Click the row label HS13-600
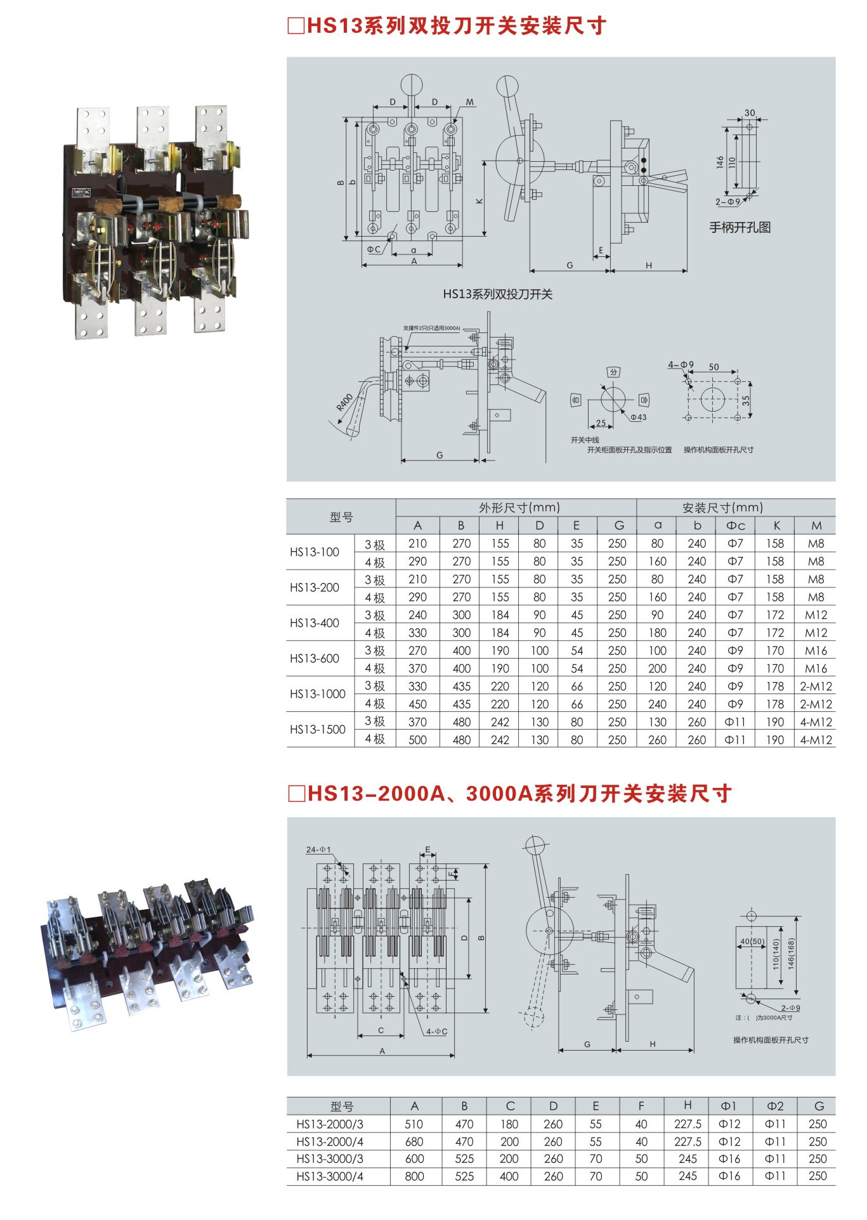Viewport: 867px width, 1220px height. point(315,659)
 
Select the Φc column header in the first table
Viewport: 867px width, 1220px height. point(735,525)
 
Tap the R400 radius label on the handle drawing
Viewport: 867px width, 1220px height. point(344,402)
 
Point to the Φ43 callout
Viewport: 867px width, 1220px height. point(638,417)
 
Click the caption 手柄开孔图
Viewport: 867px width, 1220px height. point(740,227)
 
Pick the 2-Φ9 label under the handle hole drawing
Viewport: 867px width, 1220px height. point(727,202)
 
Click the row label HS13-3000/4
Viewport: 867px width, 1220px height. point(330,1176)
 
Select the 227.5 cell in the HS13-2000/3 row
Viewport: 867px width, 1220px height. point(688,1124)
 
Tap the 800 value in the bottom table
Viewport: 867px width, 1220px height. point(414,1176)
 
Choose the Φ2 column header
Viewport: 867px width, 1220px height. point(775,1106)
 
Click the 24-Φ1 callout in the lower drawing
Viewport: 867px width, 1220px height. point(318,849)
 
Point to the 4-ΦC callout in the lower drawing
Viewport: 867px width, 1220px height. point(436,1032)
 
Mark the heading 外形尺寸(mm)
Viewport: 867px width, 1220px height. point(519,508)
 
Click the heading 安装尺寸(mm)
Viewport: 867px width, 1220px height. point(722,508)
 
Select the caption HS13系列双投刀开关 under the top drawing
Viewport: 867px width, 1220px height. point(498,294)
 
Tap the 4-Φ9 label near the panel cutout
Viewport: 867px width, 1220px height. point(681,365)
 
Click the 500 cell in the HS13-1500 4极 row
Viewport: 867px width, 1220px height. point(417,740)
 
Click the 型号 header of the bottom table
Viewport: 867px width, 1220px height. point(342,1106)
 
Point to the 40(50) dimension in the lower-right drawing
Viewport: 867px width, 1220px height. point(752,941)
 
